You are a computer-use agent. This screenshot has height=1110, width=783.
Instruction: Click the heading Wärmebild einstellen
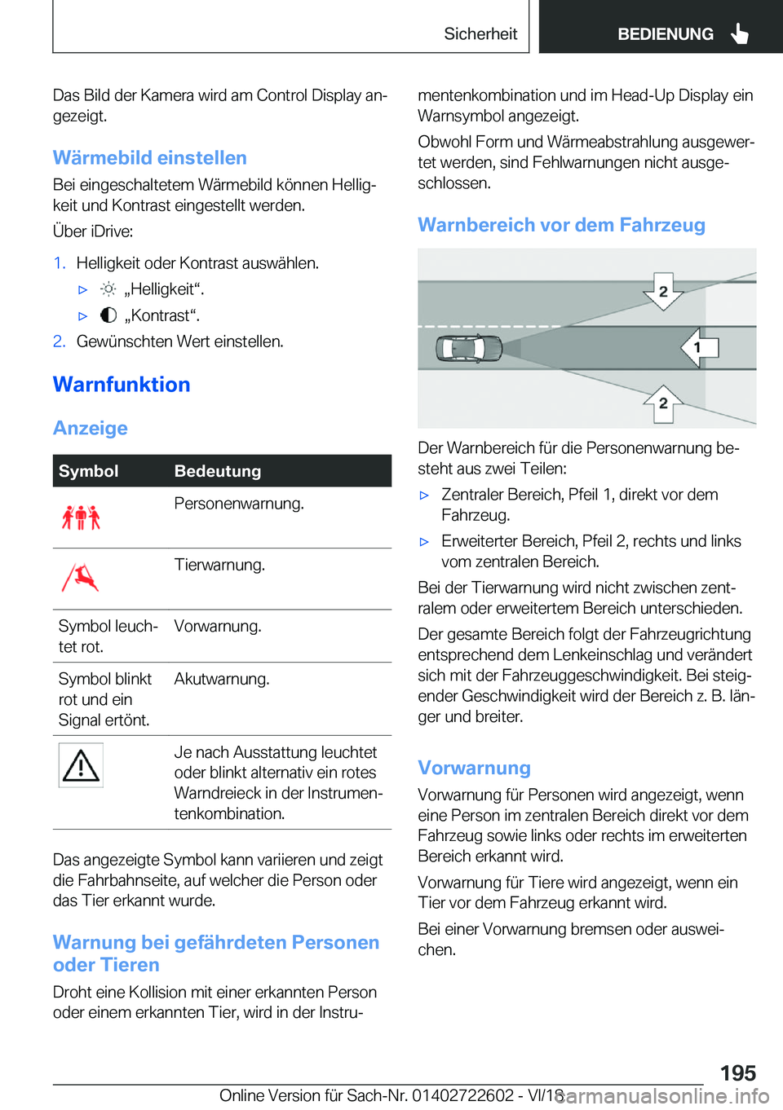pos(149,158)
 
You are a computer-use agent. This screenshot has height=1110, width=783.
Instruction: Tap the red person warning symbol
pos(81,517)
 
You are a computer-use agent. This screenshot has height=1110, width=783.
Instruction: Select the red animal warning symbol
pos(81,578)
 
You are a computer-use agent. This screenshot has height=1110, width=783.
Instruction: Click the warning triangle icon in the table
pos(81,765)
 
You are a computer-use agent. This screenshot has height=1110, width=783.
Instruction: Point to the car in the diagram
pos(467,348)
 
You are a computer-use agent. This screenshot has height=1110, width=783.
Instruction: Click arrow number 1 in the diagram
pos(699,347)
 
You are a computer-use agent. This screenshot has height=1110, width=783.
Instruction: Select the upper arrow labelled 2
pos(663,292)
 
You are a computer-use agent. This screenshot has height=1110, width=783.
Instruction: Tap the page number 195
pos(737,1073)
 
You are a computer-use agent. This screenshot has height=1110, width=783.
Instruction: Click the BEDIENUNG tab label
pos(665,34)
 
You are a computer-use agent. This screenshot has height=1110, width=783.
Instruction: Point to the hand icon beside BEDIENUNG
pos(740,34)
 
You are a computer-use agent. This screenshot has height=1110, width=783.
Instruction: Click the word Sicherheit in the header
pos(480,34)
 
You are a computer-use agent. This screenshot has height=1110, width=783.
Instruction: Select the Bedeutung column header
pos(218,471)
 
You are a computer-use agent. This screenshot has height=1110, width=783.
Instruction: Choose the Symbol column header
pos(88,471)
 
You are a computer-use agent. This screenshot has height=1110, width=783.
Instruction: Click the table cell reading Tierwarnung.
pos(219,565)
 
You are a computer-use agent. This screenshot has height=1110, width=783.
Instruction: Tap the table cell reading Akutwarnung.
pos(222,679)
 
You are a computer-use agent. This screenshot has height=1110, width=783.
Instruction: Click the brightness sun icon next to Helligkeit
pos(108,289)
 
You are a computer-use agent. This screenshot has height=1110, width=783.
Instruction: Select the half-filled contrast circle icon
pos(108,315)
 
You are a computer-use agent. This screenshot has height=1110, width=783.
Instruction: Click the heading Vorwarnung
pos(474,768)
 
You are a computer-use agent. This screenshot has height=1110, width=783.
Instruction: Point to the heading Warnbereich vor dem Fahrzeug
pos(561,225)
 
